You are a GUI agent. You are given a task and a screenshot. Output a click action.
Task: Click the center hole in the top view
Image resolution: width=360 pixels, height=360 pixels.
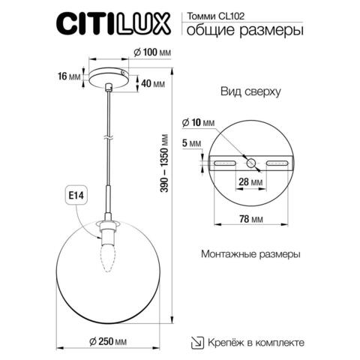click(x=251, y=161)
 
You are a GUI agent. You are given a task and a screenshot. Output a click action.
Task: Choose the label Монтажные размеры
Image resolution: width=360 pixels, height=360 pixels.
click(x=250, y=254)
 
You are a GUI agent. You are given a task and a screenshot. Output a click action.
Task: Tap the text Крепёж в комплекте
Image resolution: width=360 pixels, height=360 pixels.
click(x=256, y=342)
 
